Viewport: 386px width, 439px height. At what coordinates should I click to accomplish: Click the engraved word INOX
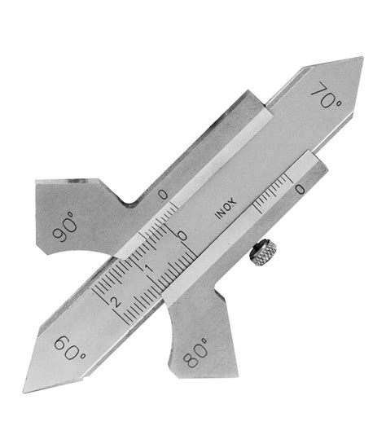point(227,209)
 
